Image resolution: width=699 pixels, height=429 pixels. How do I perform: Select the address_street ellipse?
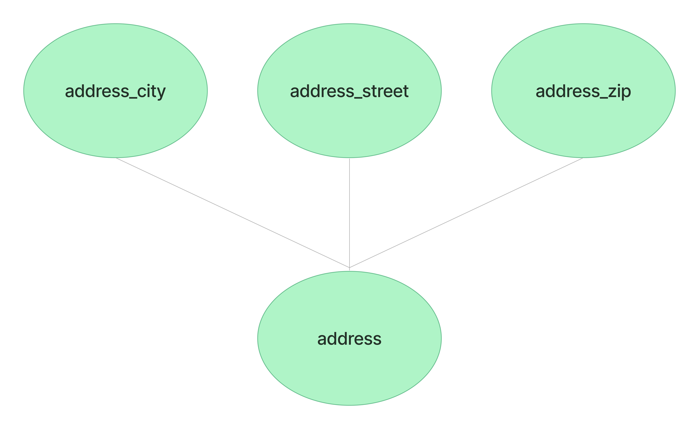[349, 91]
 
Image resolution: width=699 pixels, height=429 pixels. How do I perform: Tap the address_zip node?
[583, 91]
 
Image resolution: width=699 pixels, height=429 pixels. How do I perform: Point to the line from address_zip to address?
[466, 213]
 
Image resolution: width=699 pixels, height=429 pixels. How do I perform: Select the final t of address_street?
[406, 91]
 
